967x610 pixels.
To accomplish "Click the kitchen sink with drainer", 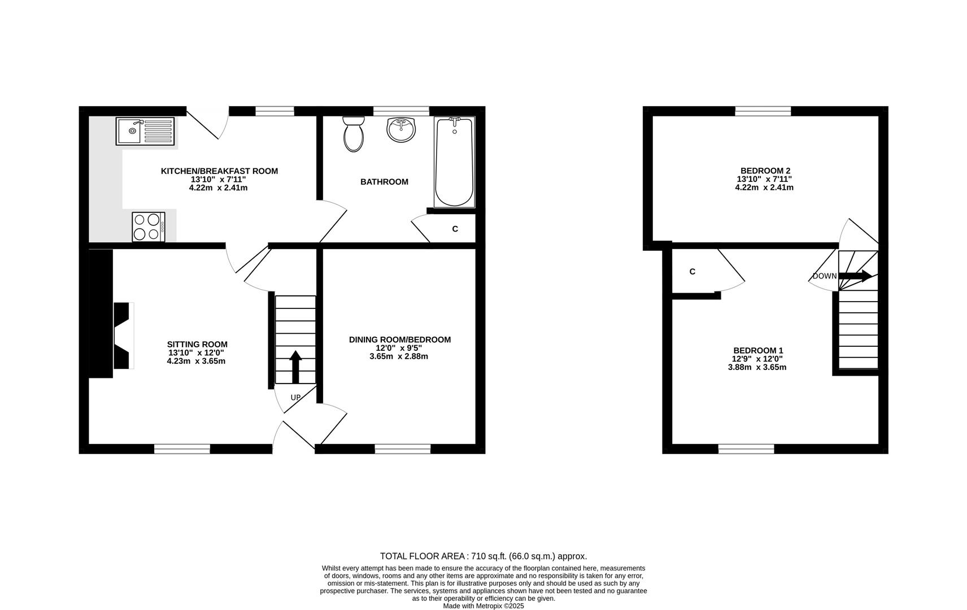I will coord(145,130).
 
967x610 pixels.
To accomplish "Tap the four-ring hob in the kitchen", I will coord(149,226).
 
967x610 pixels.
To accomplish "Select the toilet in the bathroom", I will coord(354,134).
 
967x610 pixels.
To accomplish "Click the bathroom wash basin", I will coord(401,129).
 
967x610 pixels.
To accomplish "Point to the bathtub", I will coord(454,163).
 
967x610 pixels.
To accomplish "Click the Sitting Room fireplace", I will coord(123,335).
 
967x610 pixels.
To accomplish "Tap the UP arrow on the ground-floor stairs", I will coord(295,366).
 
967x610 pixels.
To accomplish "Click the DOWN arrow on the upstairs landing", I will coord(855,276).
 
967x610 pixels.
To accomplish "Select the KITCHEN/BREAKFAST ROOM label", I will coord(219,171).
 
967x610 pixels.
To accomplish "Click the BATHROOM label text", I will coord(384,182).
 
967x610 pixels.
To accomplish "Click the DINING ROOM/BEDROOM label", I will coord(399,339).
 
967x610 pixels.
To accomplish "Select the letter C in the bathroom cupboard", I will coord(455,229).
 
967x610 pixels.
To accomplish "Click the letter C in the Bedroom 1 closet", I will coord(692,272).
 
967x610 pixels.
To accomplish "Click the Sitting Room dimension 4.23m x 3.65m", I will coord(196,361).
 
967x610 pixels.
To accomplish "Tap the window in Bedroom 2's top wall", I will coord(763,111).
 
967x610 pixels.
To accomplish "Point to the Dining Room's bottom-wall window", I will coord(403,449).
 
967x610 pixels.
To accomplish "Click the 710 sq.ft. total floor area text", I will coord(483,556).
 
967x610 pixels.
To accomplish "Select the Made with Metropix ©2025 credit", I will coord(483,606).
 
